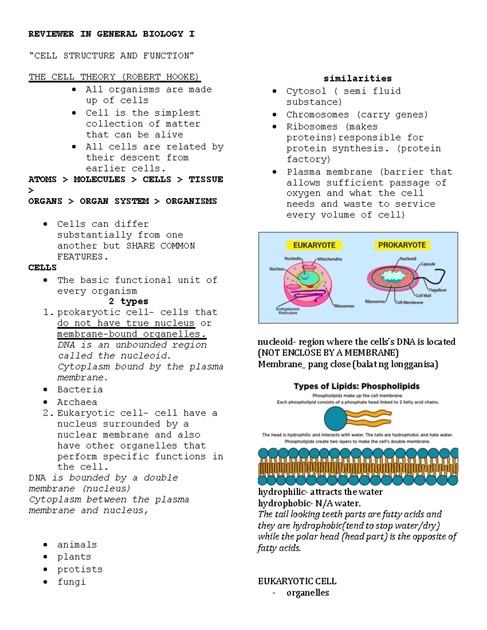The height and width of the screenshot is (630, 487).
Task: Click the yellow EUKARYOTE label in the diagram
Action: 314,245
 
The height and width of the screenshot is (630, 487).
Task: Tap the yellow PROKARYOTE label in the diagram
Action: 402,245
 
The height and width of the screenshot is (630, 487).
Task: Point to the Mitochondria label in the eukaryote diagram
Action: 330,259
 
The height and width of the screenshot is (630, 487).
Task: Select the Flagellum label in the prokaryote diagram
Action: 437,290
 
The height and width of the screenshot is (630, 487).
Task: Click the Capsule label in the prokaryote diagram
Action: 428,264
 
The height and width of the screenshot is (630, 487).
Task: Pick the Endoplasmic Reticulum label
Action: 288,311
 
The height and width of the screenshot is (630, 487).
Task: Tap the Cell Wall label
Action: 423,296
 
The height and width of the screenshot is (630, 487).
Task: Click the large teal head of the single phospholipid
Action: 336,418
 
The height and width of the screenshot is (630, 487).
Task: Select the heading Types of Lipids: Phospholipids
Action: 357,386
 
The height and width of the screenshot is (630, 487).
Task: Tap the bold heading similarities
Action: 358,79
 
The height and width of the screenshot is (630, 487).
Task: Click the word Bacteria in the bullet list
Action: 80,390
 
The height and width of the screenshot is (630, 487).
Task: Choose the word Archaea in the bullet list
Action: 77,402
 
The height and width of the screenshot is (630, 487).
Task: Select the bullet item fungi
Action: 71,582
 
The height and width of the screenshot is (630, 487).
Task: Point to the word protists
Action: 80,570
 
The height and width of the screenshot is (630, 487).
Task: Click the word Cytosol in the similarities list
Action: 306,91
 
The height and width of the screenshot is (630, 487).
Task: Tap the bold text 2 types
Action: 129,301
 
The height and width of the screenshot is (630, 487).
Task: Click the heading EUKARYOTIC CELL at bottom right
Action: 297,581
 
